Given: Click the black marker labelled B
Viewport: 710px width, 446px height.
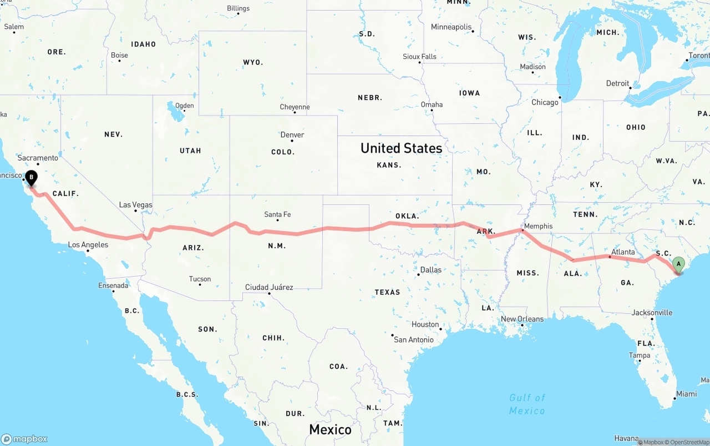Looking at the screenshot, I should click(32, 178).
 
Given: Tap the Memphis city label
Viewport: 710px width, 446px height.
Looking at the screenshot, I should click(538, 226).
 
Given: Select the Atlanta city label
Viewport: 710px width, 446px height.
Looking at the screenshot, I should click(623, 252).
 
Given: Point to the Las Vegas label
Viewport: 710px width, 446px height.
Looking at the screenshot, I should click(135, 205).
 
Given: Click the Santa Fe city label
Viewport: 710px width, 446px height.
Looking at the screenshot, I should click(277, 214).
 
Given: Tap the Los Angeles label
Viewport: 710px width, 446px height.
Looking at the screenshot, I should click(88, 245).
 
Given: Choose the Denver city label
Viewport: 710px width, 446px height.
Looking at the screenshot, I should click(292, 135).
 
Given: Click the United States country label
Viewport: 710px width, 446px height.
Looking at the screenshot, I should click(401, 148).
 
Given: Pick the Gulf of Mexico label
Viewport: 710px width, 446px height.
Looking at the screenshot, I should click(527, 404).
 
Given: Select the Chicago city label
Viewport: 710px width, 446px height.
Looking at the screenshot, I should click(545, 102).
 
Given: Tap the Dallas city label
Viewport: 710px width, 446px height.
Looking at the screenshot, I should click(431, 270).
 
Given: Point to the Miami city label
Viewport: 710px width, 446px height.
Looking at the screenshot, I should click(686, 394).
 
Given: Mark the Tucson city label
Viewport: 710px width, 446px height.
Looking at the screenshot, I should click(200, 279).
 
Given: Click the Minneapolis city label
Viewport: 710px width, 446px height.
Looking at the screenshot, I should click(451, 27).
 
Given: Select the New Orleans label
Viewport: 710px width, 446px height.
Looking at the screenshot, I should click(522, 319).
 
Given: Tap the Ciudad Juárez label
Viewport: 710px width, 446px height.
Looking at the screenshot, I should click(269, 287).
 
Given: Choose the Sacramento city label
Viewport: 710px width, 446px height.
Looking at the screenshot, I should click(38, 158).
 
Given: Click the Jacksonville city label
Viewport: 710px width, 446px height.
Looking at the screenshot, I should click(652, 313).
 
